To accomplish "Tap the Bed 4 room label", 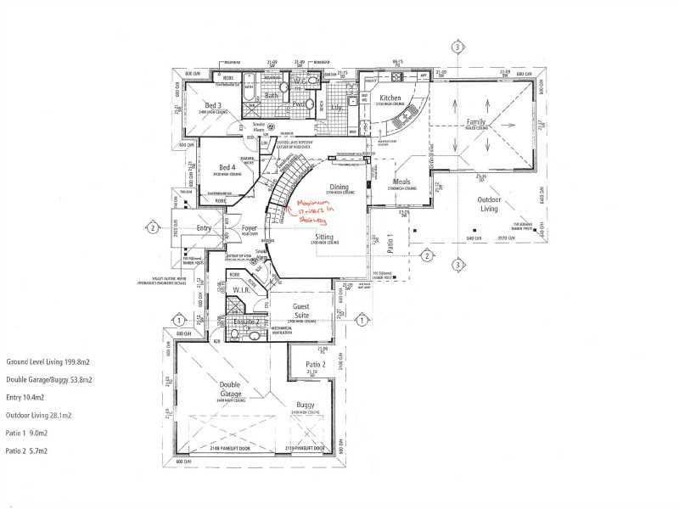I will coord(227,167).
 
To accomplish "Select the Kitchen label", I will coord(390,98).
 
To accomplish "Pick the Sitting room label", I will coord(323,238).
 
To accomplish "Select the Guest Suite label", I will coord(306,310).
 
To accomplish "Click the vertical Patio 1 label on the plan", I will coord(390,245).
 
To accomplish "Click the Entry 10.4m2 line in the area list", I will coord(25,397).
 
